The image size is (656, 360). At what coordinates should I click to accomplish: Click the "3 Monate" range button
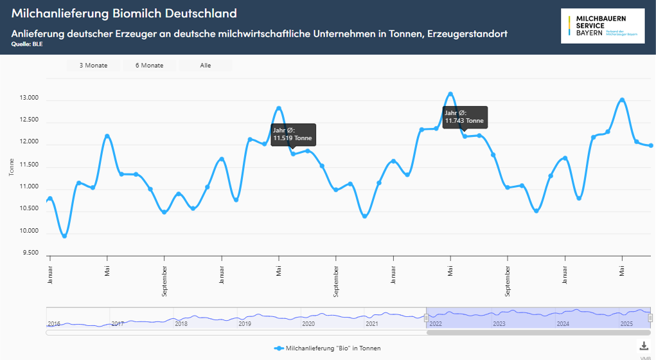coord(93,66)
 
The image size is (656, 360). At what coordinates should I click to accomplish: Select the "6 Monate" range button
coord(149,66)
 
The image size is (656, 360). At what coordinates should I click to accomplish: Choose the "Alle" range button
coord(206,66)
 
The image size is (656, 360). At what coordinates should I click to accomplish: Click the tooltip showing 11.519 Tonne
coord(293,134)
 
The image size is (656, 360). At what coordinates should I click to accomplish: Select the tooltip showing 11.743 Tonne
coord(465,117)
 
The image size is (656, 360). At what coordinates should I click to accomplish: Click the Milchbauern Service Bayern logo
coord(602,26)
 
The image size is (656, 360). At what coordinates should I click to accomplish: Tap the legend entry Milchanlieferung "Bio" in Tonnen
coord(327,348)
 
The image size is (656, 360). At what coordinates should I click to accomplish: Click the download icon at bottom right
coord(644,346)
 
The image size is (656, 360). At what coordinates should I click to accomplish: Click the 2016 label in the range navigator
coord(54,323)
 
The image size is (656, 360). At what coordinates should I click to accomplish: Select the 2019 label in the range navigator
coord(245,323)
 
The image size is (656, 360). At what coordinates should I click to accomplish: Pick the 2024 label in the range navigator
coord(563,323)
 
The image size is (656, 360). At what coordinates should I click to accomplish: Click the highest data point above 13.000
coord(450,94)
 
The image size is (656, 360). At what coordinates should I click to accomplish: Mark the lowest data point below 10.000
coord(64,236)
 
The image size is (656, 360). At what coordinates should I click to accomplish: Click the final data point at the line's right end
coord(651,145)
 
